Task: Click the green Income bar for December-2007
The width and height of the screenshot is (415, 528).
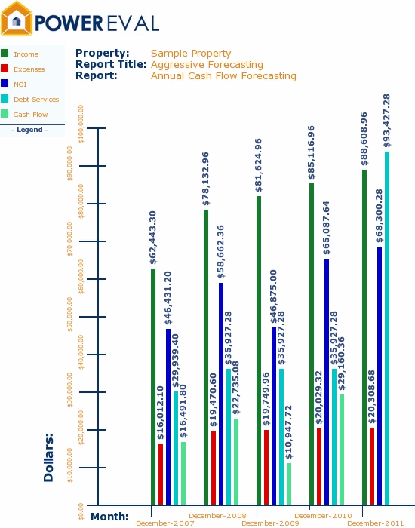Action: (153, 386)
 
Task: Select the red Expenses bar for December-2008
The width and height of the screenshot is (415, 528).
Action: (214, 467)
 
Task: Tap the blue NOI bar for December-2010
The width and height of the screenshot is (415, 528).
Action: (327, 382)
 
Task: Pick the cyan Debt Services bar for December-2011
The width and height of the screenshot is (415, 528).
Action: (387, 328)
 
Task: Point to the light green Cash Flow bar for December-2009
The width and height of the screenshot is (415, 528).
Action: (289, 483)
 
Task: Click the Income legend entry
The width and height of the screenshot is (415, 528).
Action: (26, 54)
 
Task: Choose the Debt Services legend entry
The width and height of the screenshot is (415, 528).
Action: (35, 100)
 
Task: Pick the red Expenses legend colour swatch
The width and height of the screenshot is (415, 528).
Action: (5, 69)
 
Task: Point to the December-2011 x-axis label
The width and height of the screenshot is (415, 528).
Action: (376, 522)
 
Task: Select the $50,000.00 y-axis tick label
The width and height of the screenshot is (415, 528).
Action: (71, 317)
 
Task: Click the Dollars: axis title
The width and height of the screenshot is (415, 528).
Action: (49, 457)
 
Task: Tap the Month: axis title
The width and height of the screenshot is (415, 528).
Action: (109, 517)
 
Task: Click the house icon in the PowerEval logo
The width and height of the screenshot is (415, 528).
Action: (17, 19)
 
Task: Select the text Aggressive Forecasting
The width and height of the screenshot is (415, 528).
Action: (207, 65)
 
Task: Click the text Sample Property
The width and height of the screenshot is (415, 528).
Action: (191, 54)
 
